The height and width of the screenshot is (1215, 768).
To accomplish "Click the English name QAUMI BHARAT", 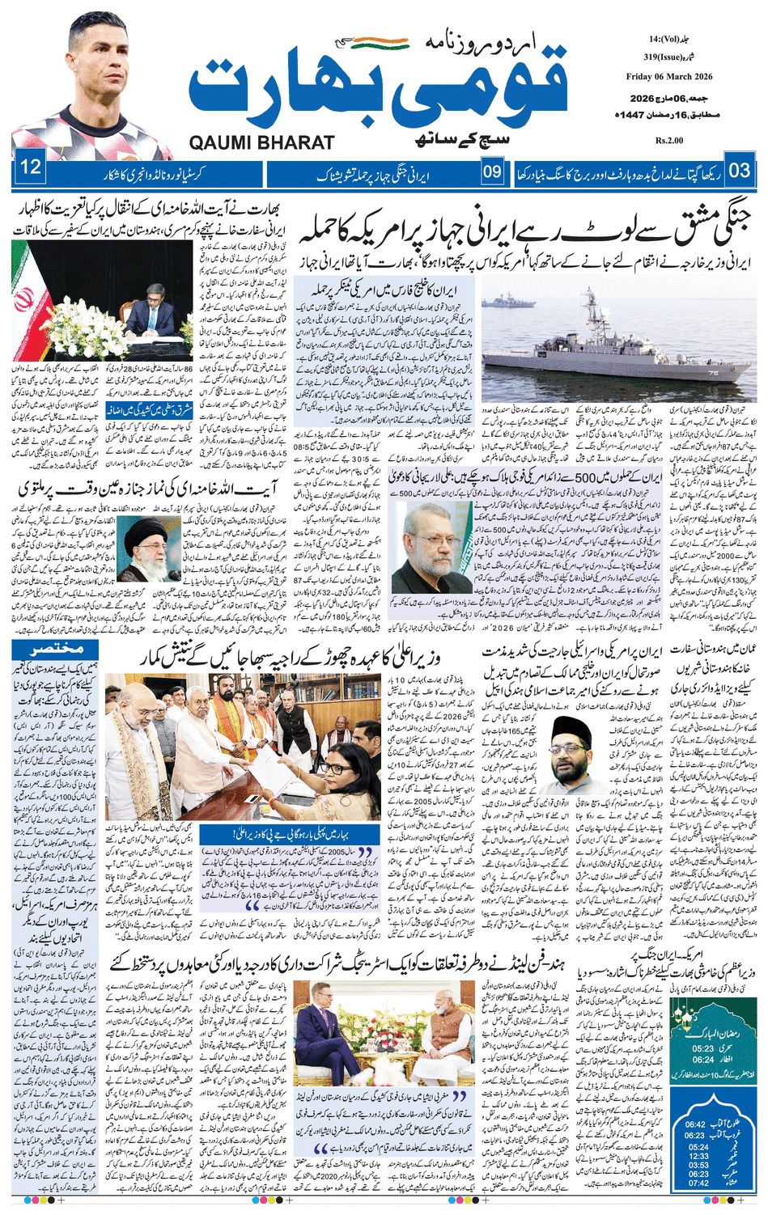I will click(x=261, y=142).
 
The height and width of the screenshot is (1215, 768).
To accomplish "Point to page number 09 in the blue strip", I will click(x=492, y=171).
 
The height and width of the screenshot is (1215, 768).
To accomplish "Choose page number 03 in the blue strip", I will click(x=740, y=171).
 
